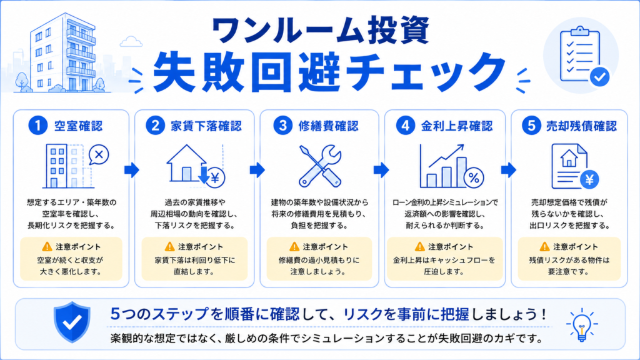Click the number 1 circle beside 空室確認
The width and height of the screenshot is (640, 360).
tap(38, 125)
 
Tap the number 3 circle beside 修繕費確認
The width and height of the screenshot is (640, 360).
tap(282, 125)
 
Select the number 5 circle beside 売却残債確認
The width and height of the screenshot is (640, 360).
tap(531, 125)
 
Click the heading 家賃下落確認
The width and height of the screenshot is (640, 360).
tap(206, 126)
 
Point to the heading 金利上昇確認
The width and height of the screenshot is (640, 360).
tap(457, 126)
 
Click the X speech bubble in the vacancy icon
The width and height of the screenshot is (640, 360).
tap(98, 155)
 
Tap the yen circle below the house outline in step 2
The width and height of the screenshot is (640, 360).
tap(215, 178)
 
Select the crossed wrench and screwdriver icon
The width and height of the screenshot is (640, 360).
tap(320, 166)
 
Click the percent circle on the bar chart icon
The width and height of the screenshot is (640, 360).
tap(474, 177)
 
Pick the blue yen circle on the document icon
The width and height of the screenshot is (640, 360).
tap(589, 179)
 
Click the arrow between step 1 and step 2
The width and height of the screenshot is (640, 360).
tap(132, 170)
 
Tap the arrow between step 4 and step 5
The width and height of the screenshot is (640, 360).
tap(509, 170)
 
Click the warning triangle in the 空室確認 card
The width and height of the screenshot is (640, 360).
tap(47, 246)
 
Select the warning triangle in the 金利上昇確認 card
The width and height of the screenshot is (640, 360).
tap(419, 246)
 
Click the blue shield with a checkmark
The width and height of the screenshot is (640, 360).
tap(72, 322)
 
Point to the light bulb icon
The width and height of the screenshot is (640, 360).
tap(582, 325)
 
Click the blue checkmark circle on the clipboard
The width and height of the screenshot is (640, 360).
tap(599, 76)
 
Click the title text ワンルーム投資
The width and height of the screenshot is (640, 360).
tap(321, 30)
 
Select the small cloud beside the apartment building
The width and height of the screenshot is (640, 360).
tap(131, 41)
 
